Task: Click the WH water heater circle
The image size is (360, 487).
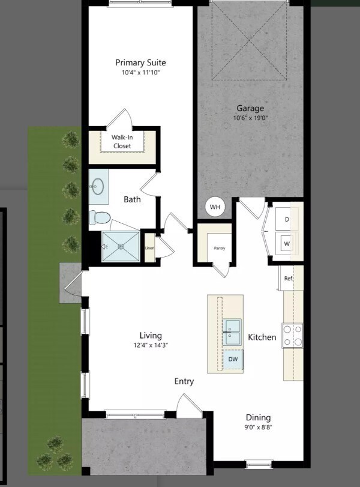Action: coord(215,208)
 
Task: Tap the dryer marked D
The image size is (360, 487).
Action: coord(287,220)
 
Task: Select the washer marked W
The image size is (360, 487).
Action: coord(287,244)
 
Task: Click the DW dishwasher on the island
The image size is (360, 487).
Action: coord(233,359)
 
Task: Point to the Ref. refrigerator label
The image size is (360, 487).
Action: coord(288,279)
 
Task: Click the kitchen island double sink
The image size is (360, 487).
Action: coord(233,332)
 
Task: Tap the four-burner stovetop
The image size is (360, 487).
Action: coord(293,336)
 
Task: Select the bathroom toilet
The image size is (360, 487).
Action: coord(99,216)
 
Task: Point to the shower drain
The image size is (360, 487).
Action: coord(121,246)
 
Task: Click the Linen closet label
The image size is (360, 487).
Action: coord(149,248)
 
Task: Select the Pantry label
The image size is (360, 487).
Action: coord(220,247)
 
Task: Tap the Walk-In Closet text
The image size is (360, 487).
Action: coord(122,141)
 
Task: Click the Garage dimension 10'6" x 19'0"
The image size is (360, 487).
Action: coord(250,118)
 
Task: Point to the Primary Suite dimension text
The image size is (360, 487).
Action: coord(140,73)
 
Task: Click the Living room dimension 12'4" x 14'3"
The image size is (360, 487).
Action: coord(151,345)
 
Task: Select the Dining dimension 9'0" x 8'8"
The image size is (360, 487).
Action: coord(258,428)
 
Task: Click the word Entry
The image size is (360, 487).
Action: coord(184,381)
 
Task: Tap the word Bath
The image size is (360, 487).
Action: coord(132,199)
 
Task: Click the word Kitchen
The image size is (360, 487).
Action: coord(262,337)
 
